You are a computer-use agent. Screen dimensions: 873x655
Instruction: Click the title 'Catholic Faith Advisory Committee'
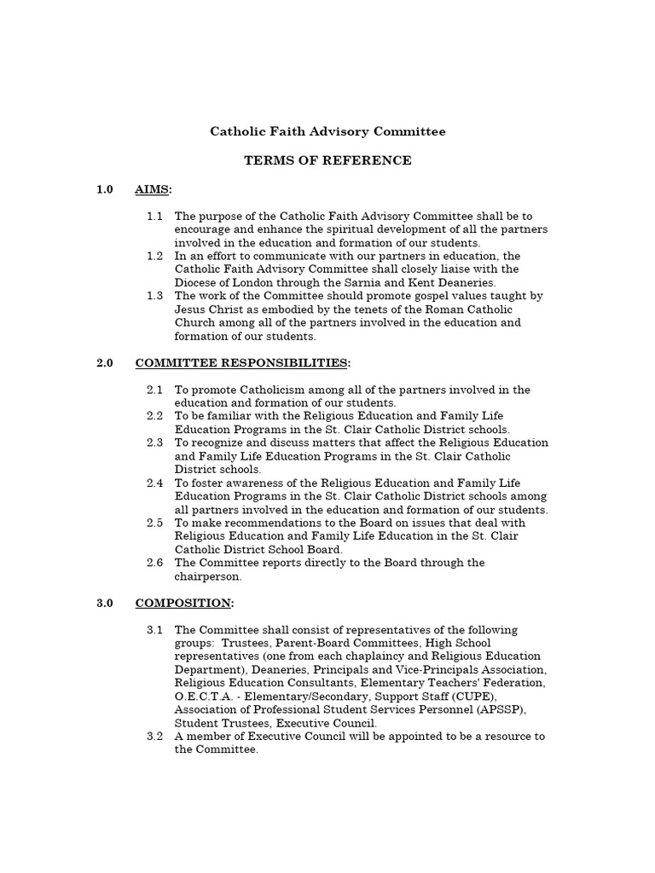tap(328, 132)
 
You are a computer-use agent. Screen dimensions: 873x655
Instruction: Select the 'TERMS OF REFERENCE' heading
tap(328, 160)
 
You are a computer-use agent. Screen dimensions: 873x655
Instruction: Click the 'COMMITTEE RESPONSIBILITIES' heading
tap(241, 363)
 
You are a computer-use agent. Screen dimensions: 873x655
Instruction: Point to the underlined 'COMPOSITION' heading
tap(183, 604)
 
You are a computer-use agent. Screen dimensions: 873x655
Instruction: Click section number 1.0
tap(105, 189)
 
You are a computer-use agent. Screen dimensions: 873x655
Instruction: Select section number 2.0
tap(105, 363)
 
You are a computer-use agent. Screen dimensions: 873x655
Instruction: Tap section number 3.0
tap(105, 604)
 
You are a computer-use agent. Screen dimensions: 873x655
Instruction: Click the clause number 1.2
tap(154, 257)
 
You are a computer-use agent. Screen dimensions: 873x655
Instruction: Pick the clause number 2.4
tap(154, 483)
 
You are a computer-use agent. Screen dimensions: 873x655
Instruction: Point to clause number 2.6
tap(154, 563)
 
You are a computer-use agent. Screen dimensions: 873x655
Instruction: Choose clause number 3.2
tap(154, 737)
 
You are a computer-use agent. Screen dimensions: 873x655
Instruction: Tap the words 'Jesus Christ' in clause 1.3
tap(209, 309)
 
